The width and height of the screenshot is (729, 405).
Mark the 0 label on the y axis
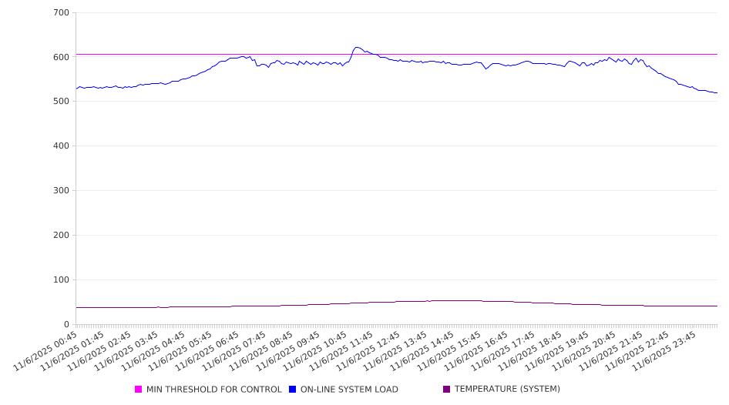click(67, 325)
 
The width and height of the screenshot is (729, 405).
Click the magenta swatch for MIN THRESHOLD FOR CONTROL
click(139, 390)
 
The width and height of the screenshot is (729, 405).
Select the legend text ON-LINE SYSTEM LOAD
click(349, 390)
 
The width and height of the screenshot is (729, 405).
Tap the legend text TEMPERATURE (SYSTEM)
click(507, 389)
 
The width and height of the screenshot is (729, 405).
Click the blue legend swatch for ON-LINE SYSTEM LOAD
click(293, 390)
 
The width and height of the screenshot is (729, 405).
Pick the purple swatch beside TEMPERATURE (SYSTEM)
click(447, 390)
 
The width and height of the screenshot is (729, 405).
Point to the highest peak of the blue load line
click(357, 47)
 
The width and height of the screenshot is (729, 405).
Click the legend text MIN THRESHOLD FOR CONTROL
click(214, 390)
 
